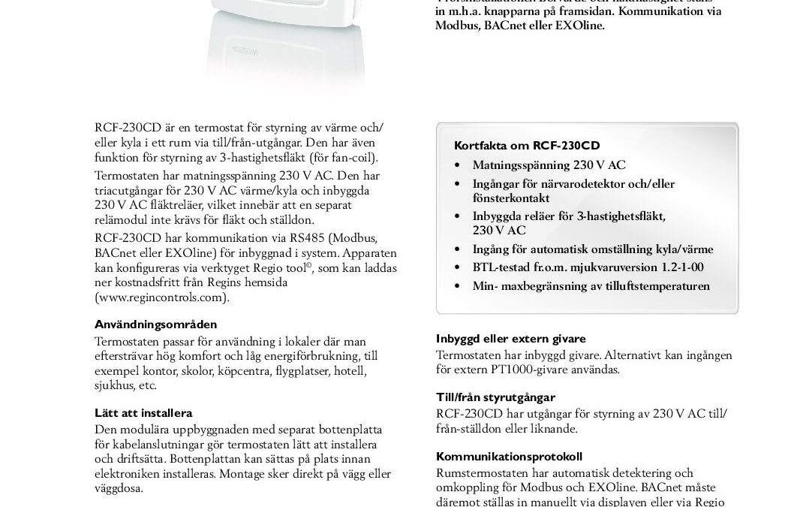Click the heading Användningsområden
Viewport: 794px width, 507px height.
tap(155, 324)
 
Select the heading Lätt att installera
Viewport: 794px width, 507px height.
tap(143, 413)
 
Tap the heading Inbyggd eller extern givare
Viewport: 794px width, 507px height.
tap(510, 339)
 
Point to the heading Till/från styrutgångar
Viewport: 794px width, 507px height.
tap(495, 397)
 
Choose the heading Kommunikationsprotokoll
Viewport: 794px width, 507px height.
tap(509, 457)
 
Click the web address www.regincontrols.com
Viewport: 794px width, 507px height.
tap(161, 297)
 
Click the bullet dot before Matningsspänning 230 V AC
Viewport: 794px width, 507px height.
tap(458, 165)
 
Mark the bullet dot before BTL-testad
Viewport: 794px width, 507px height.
tap(458, 267)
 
